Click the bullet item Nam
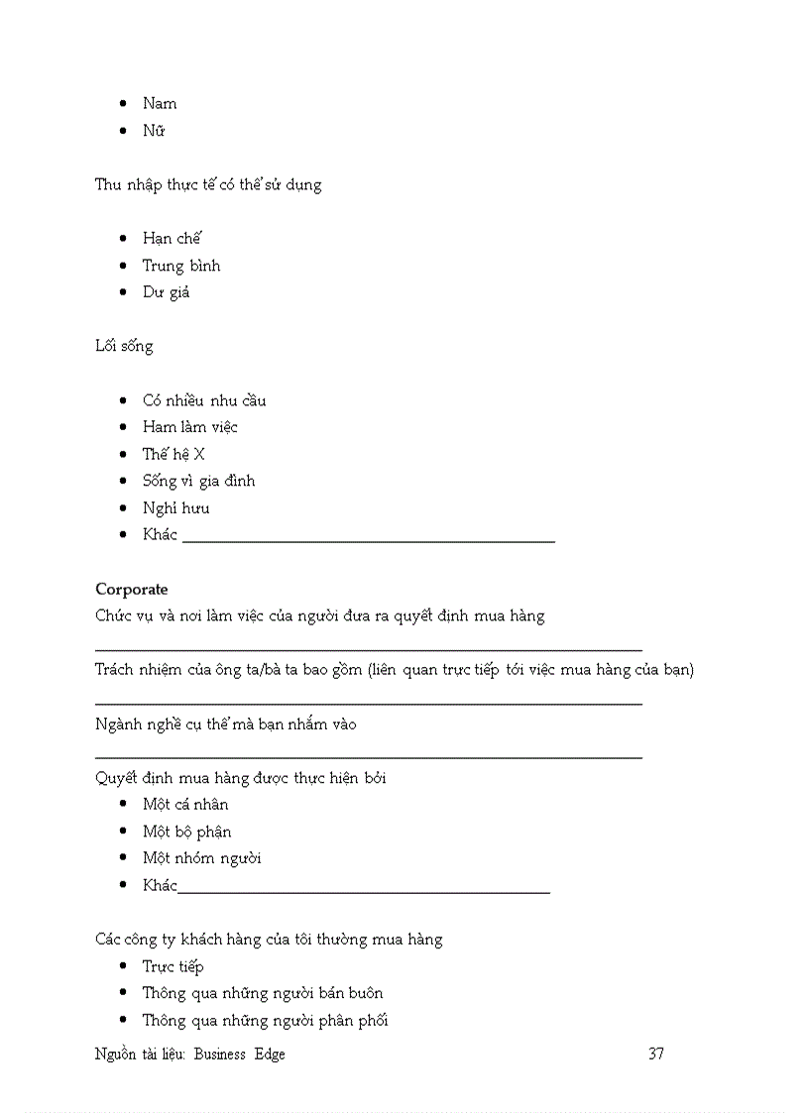click(160, 103)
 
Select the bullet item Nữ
click(154, 131)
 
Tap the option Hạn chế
click(172, 238)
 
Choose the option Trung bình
click(181, 266)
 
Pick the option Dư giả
click(166, 292)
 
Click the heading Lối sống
click(124, 347)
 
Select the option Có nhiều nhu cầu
click(204, 400)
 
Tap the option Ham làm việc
click(190, 427)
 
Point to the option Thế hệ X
click(173, 454)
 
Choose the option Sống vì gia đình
click(198, 481)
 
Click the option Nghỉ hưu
click(175, 508)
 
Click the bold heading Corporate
click(132, 589)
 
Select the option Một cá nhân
click(185, 804)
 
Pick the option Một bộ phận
click(187, 832)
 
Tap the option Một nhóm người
click(202, 858)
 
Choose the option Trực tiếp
click(173, 966)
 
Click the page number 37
click(656, 1054)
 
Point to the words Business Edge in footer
click(239, 1055)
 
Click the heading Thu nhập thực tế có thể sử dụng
click(208, 185)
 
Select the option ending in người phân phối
click(265, 1020)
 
